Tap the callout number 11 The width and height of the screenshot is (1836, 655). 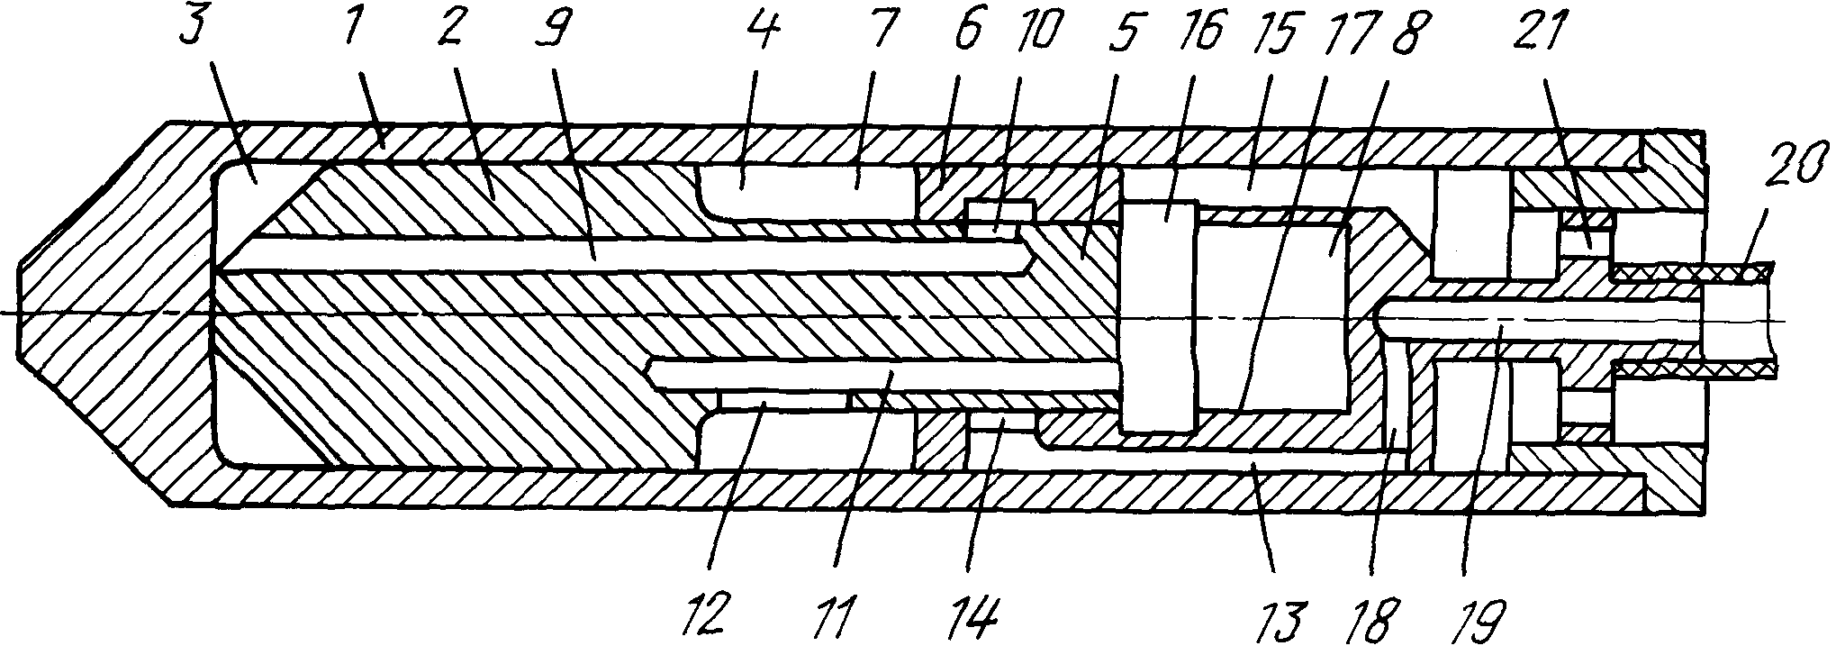coord(846,618)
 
